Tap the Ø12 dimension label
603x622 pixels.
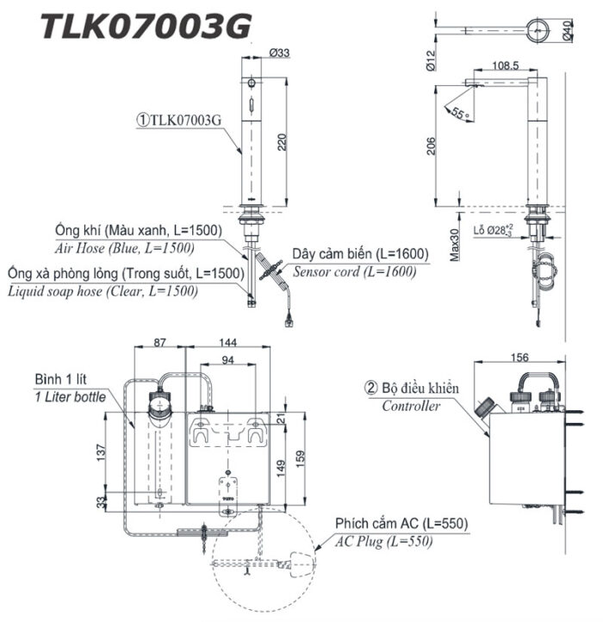[432, 61]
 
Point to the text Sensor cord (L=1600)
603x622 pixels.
[354, 271]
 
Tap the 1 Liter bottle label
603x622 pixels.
[71, 396]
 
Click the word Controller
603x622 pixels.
[411, 406]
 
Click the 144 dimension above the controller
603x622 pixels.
[227, 342]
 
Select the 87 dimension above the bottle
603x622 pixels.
[160, 342]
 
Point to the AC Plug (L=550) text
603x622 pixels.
[385, 541]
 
